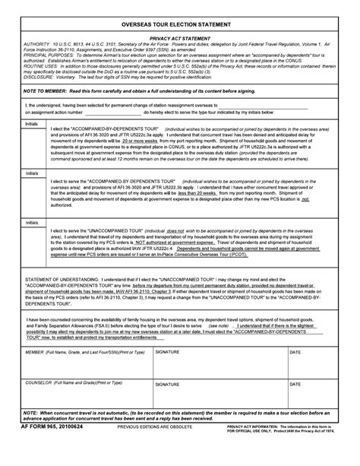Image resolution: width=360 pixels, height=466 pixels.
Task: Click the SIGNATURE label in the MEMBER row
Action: pyautogui.click(x=167, y=353)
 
